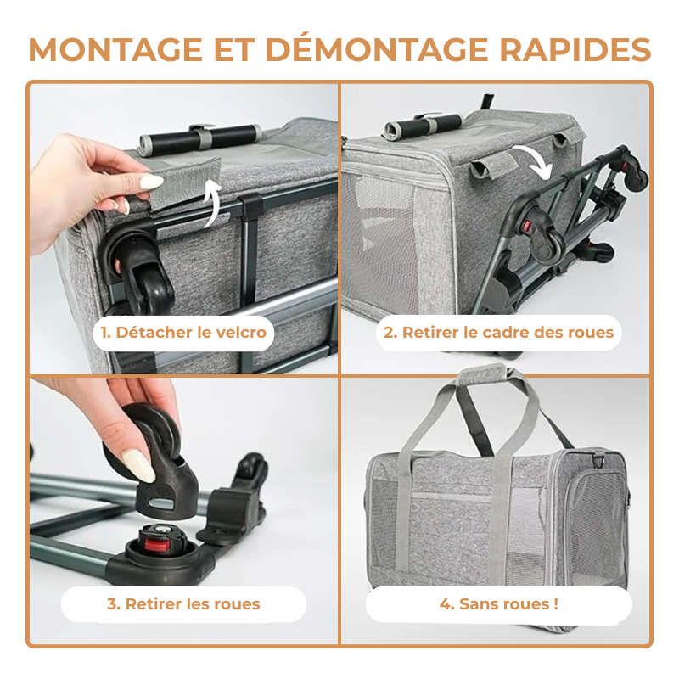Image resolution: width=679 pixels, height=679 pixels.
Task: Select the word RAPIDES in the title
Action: tap(575, 49)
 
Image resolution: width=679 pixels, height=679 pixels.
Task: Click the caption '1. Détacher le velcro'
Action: tap(183, 332)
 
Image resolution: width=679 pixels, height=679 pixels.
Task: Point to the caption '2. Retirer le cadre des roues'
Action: tap(498, 332)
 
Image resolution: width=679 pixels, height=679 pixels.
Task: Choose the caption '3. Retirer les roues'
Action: tap(183, 604)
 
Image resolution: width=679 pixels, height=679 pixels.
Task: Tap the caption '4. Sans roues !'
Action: tap(498, 604)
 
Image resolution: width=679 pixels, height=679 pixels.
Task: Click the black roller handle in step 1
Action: tap(200, 137)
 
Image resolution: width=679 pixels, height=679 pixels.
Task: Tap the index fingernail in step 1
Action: tap(151, 181)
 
